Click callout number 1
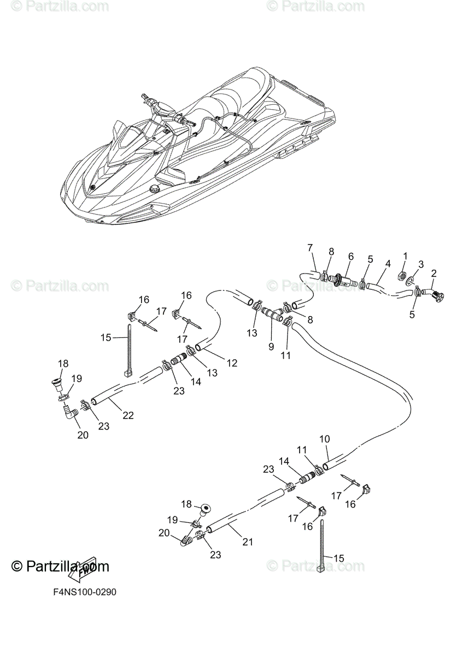point(405,255)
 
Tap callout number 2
point(434,273)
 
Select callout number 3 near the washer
point(421,264)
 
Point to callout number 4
point(387,264)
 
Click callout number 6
point(350,256)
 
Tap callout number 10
point(324,439)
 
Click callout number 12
point(232,362)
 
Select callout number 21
point(248,542)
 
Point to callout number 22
point(128,415)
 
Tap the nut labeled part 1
point(401,274)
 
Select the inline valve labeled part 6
point(342,280)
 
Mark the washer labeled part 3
point(410,282)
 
